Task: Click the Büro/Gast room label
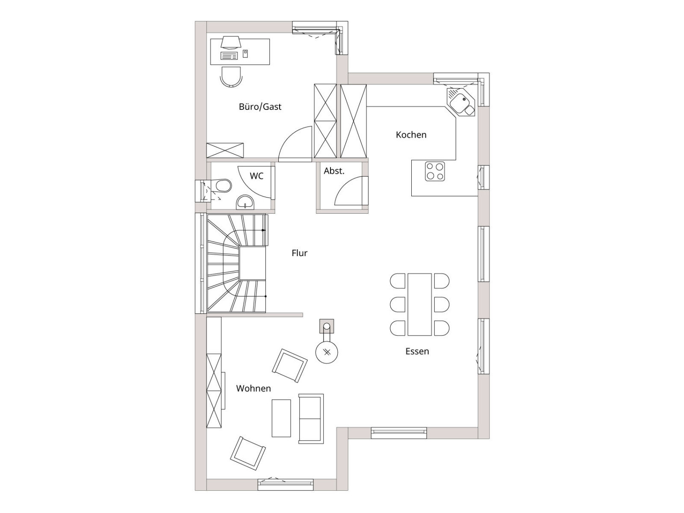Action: coord(260,107)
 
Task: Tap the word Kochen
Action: coord(411,135)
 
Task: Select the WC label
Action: coord(256,176)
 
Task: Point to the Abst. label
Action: coord(334,171)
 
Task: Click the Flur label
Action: coord(300,253)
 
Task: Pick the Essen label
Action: coord(417,351)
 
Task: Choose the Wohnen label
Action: coord(254,389)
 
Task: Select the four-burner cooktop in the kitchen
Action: coord(435,171)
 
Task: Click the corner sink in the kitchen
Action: coord(460,102)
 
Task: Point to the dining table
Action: coord(419,304)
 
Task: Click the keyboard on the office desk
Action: coord(229,56)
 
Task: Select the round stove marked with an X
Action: coord(327,352)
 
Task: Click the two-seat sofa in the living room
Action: coord(311,419)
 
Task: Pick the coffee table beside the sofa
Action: coord(281,419)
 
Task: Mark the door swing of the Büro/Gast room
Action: coord(295,144)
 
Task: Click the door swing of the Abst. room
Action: coord(351,191)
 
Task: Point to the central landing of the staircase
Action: coord(252,263)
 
